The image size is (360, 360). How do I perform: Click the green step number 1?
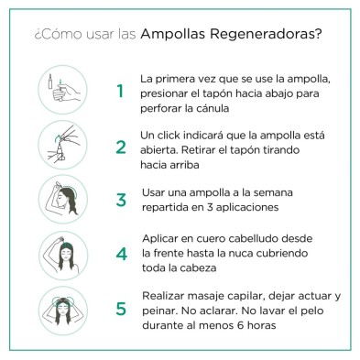click(x=120, y=91)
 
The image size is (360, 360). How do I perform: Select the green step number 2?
click(x=120, y=147)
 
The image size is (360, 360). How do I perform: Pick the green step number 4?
click(x=120, y=253)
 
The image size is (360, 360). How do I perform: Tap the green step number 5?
click(x=120, y=308)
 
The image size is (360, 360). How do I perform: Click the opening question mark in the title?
click(x=38, y=35)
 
